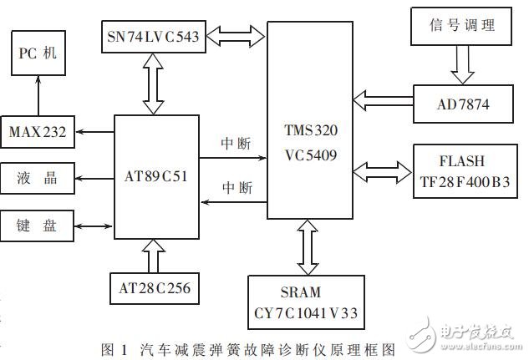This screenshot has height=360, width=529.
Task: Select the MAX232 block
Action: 37,131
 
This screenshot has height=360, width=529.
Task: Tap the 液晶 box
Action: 37,177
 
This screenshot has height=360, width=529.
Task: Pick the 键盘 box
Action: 37,225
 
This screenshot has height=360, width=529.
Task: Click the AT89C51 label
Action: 156,176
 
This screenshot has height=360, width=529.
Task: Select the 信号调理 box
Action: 463,27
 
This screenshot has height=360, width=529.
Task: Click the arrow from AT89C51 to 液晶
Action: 94,177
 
